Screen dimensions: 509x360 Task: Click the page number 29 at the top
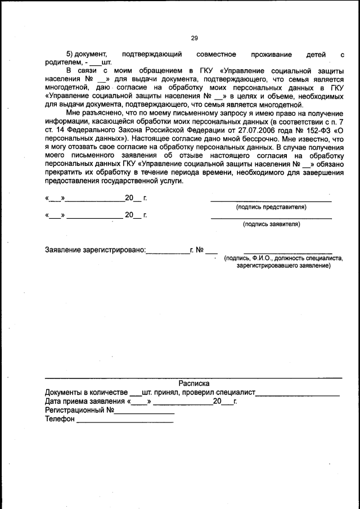(194, 38)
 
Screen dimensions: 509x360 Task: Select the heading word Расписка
(194, 382)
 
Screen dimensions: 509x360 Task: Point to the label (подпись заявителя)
(271, 224)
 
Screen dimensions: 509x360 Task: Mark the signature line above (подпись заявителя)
(271, 218)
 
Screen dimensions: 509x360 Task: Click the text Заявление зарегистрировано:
(95, 250)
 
